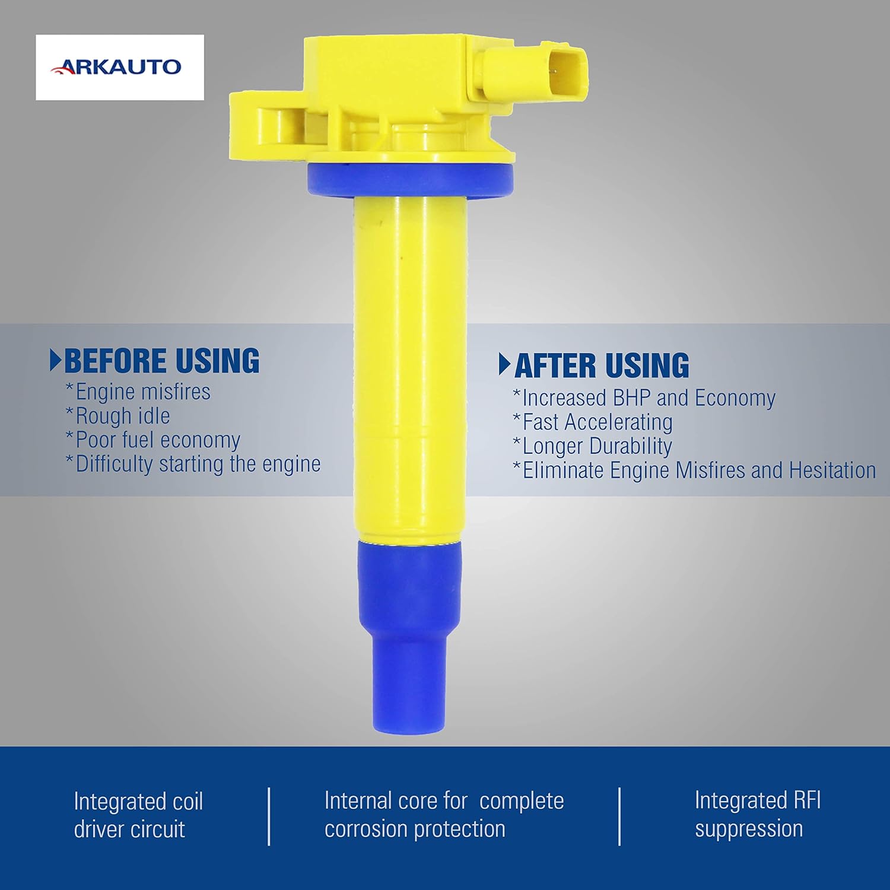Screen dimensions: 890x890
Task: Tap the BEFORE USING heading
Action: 161,361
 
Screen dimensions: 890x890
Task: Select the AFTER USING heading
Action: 602,365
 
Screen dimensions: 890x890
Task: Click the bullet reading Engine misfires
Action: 138,392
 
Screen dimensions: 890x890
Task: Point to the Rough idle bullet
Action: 117,416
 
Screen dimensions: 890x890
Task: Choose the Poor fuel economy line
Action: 152,440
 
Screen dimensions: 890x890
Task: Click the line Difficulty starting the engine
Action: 193,464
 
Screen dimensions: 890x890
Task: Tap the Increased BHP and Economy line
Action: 644,398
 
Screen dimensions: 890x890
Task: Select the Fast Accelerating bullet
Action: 592,422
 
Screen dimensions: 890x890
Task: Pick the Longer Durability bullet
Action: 592,446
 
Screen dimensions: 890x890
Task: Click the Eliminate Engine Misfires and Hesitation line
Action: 694,471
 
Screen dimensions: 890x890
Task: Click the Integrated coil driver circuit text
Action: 138,815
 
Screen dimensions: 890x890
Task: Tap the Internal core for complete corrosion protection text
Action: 444,815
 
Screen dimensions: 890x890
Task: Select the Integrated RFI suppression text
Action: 758,814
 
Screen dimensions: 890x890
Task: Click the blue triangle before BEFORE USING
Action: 55,361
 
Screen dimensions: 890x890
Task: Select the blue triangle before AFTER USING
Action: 505,365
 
